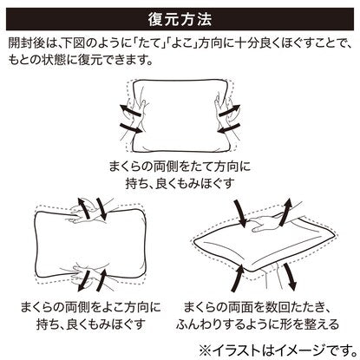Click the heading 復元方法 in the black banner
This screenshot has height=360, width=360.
(180, 19)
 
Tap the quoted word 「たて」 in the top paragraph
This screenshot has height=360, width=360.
(147, 43)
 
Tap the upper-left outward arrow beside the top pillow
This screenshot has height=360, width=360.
(131, 111)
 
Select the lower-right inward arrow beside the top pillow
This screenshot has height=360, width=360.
(228, 128)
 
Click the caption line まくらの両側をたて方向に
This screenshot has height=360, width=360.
(180, 167)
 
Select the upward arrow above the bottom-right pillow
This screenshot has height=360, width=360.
(285, 213)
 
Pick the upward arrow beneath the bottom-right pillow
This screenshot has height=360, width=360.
(239, 275)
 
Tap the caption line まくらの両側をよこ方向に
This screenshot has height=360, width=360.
(91, 307)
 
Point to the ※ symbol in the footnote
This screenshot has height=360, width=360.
(206, 350)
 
